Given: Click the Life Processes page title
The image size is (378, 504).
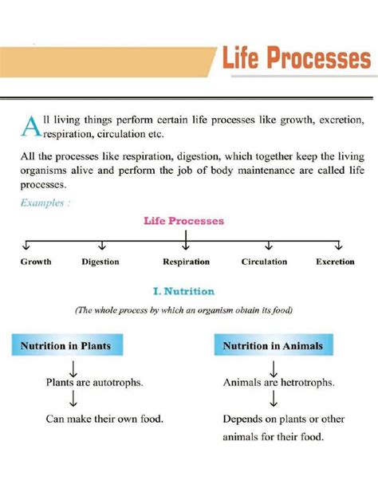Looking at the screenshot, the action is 296,60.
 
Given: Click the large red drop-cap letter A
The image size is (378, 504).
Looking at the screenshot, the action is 29,126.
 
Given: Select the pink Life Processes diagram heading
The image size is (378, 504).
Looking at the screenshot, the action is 183,220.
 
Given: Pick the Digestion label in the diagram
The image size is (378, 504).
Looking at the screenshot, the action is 100,262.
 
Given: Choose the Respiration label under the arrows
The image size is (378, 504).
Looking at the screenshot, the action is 186,262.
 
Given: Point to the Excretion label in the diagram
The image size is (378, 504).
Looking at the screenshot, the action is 335,262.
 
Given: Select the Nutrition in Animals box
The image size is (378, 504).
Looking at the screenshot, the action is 274,346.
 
